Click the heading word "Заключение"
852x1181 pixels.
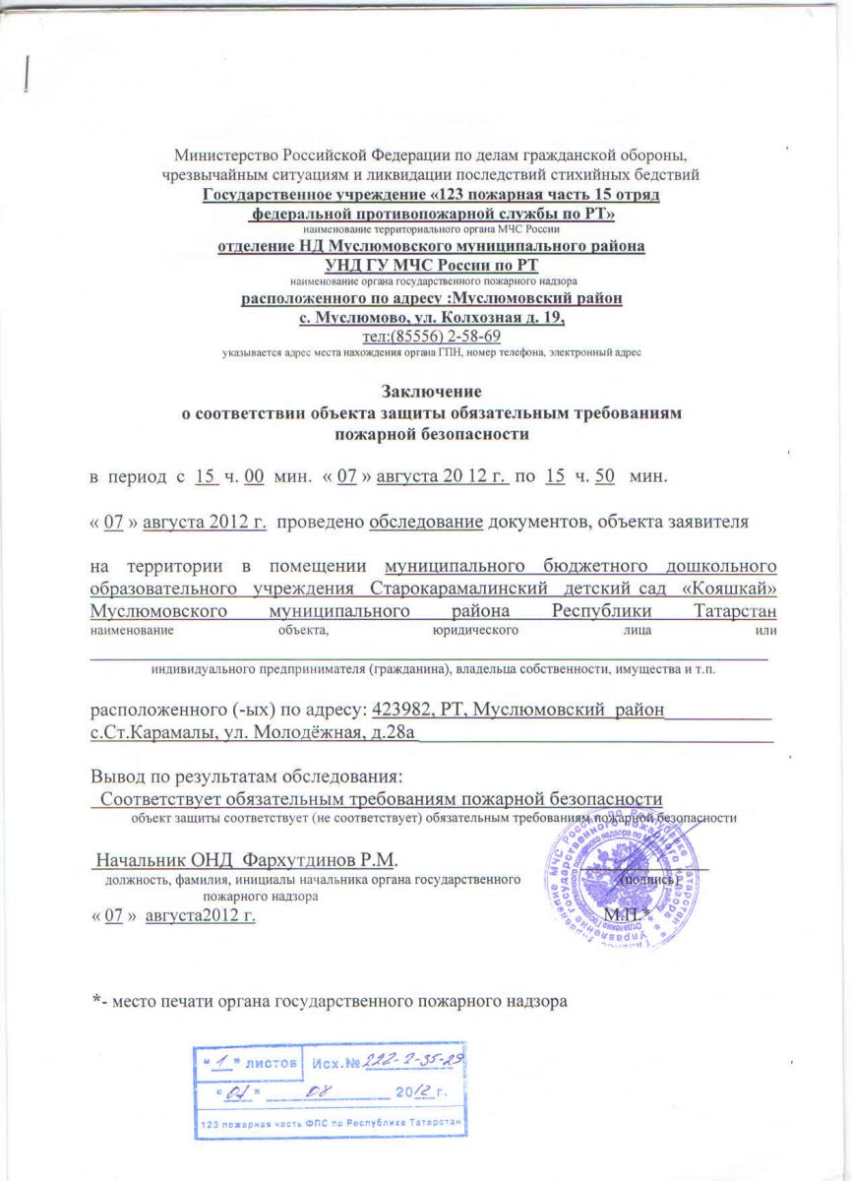point(426,395)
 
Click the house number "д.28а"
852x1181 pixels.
point(384,732)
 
